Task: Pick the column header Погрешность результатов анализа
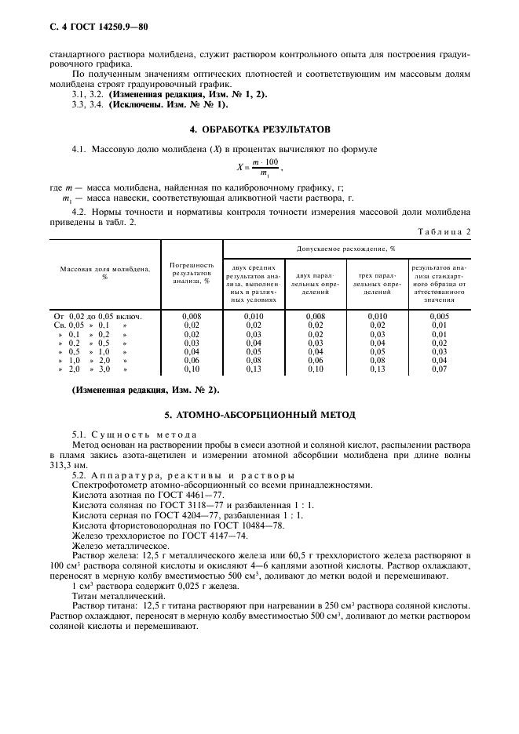(x=191, y=273)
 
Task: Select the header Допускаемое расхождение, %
(x=345, y=248)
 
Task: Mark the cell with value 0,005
(x=440, y=316)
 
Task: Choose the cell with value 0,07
(x=440, y=368)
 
